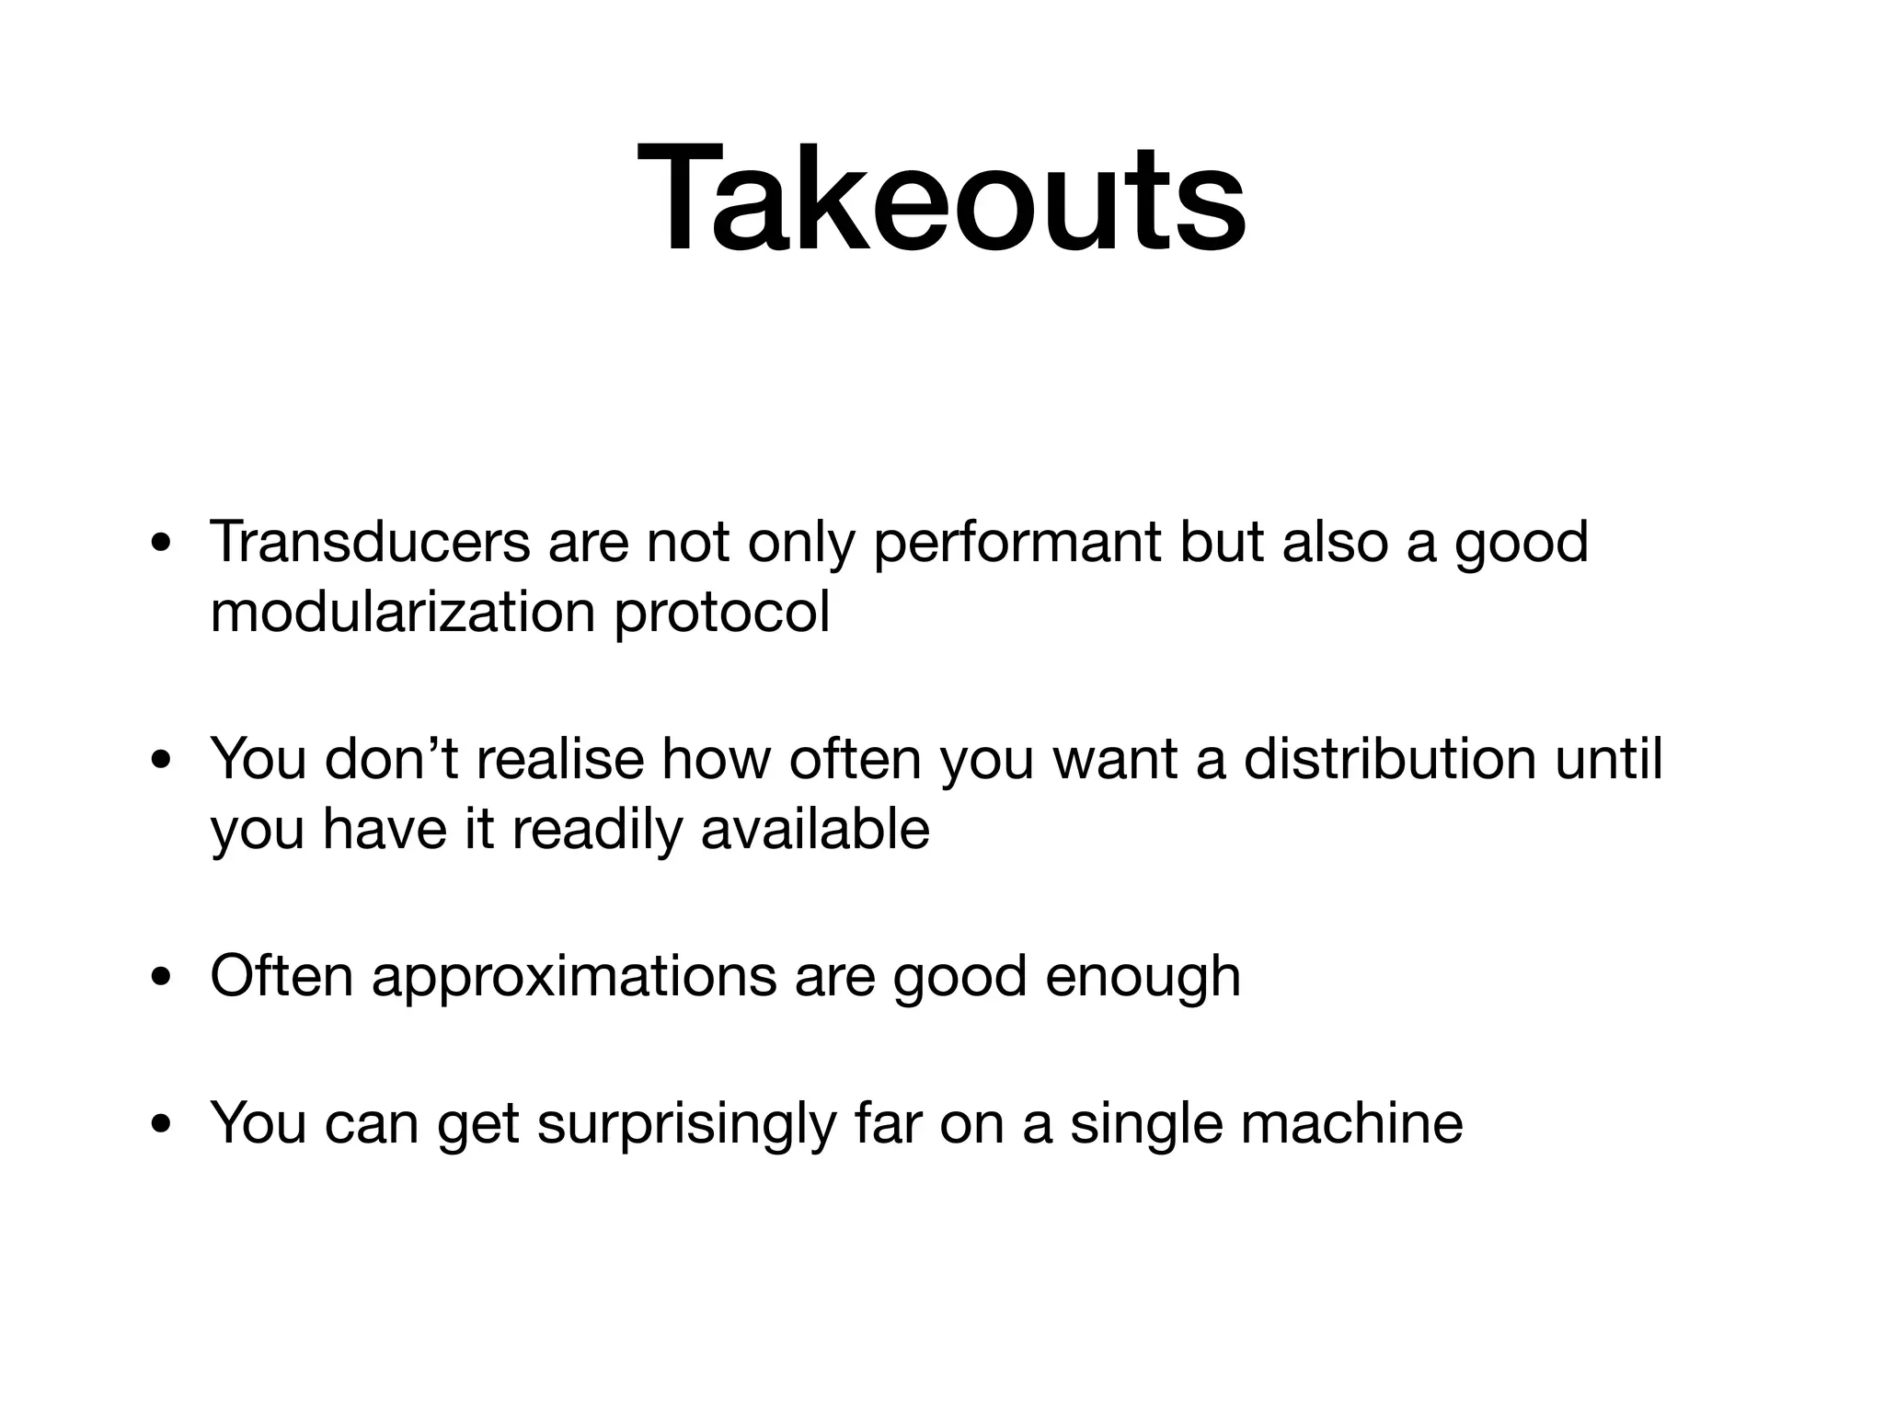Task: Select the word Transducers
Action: click(x=370, y=542)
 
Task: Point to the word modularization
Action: click(x=403, y=612)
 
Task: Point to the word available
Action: click(x=815, y=829)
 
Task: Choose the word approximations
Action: click(x=574, y=978)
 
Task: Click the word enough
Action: click(x=1143, y=978)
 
